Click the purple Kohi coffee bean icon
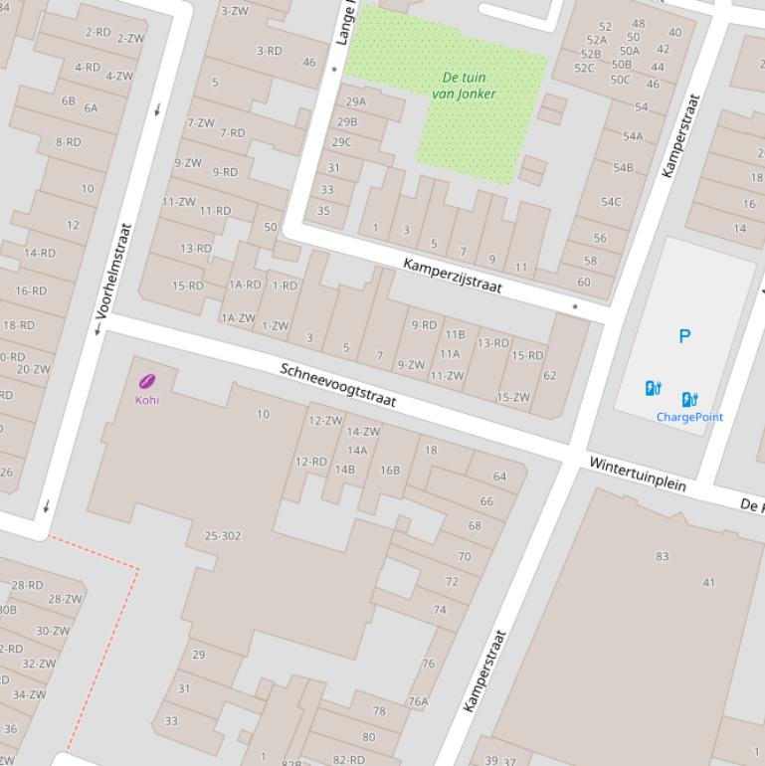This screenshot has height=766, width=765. point(147,381)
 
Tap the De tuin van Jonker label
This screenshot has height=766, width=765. point(464,86)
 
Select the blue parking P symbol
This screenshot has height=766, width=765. point(684,336)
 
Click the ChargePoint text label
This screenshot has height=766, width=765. point(689,417)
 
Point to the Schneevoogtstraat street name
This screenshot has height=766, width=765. point(338,385)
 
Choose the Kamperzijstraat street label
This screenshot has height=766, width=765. point(453,276)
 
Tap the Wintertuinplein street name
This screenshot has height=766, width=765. point(638,475)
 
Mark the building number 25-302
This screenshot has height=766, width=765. point(223,536)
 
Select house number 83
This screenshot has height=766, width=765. point(663,556)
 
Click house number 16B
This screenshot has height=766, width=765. point(390,470)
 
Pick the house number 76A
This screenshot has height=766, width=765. point(418,701)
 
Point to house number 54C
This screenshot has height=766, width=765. point(610,202)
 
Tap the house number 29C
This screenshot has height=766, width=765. point(341,142)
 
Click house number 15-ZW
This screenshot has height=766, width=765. point(513,397)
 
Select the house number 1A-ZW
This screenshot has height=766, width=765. point(238,318)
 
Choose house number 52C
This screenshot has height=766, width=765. point(584,68)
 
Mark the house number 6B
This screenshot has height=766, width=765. point(68,100)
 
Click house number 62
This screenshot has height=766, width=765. point(550,375)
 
